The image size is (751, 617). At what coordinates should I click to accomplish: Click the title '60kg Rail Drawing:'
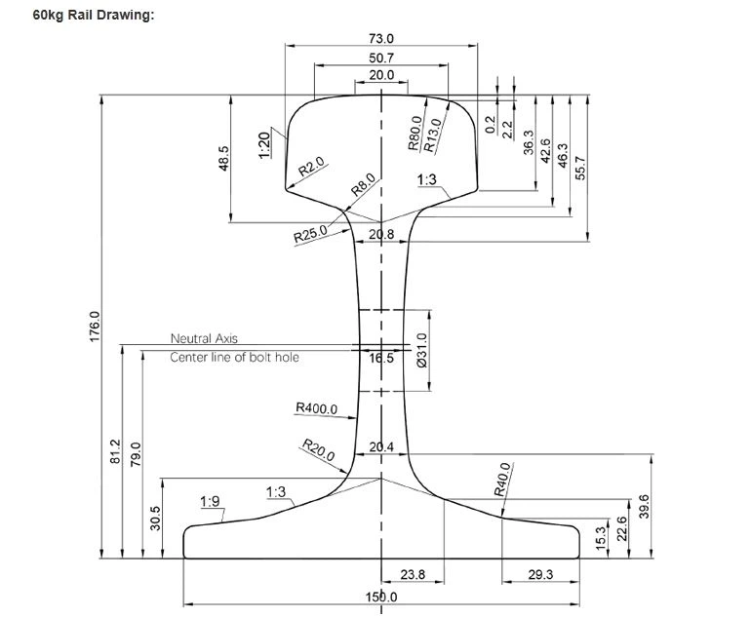coord(94,17)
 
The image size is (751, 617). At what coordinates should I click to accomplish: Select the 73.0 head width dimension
coord(381,38)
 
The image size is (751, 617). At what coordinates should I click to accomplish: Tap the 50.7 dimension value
coord(381,58)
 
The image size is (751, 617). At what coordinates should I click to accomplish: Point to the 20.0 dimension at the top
coord(381,75)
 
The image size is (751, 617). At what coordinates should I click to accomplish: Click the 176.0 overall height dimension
coord(95,327)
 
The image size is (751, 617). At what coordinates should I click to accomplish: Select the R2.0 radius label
coord(311,167)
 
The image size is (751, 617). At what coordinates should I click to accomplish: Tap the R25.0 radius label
coord(310,235)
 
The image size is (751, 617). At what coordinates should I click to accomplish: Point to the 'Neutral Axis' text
coord(204,339)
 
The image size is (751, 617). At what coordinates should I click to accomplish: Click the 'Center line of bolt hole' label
coord(234,358)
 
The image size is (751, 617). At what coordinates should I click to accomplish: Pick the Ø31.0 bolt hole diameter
coord(422,348)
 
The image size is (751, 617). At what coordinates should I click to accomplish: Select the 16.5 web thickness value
coord(381,358)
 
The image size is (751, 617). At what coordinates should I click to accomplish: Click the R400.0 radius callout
coord(316,408)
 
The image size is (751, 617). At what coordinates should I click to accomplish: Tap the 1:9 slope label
coord(210,502)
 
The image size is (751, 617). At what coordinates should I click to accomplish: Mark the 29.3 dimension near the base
coord(538,575)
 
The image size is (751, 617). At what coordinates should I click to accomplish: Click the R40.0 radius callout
coord(503,479)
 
